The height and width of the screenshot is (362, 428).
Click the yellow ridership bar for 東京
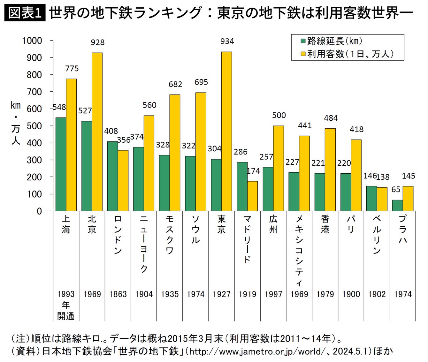(x=226, y=131)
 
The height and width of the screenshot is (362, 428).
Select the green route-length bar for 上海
(x=61, y=164)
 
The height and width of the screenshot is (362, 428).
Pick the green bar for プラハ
(x=397, y=205)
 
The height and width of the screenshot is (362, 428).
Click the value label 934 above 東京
(x=227, y=41)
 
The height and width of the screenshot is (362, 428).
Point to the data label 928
(x=98, y=42)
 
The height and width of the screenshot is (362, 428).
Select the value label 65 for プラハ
(x=396, y=190)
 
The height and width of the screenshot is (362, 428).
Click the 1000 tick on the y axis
(x=32, y=41)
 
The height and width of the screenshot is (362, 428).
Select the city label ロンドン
(x=118, y=235)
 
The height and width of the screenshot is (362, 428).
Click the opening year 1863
(x=118, y=294)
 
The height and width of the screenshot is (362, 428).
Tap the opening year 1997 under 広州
(x=273, y=294)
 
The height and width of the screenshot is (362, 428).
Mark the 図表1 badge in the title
(x=25, y=13)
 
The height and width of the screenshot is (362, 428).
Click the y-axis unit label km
(x=16, y=105)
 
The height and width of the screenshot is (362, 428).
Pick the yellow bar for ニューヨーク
(x=149, y=163)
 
